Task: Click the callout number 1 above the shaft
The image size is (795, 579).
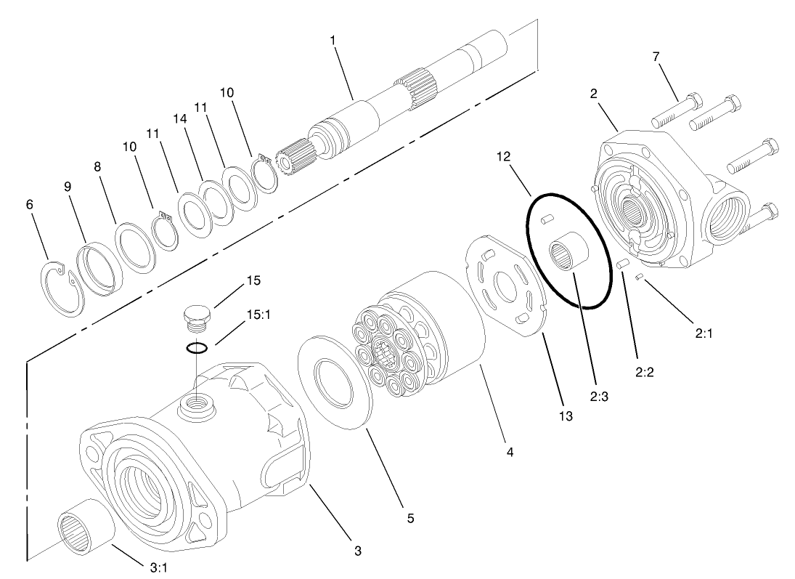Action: pos(334,40)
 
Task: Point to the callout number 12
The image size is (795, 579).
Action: pos(505,156)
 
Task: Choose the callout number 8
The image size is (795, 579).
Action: pos(97,166)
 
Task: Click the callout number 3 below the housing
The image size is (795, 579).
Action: pos(357,551)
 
